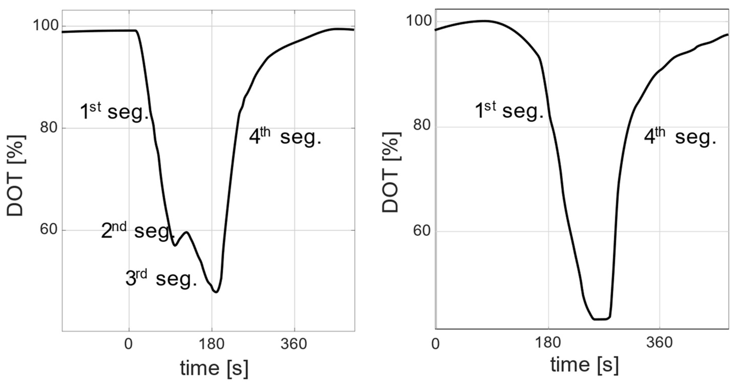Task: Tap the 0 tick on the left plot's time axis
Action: pyautogui.click(x=129, y=344)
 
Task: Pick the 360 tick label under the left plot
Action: pyautogui.click(x=294, y=344)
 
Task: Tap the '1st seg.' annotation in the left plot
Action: pyautogui.click(x=114, y=112)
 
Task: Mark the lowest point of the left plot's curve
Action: pyautogui.click(x=216, y=292)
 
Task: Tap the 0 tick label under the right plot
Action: pyautogui.click(x=435, y=344)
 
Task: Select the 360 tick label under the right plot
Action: pyautogui.click(x=659, y=342)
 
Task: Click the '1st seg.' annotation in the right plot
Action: pyautogui.click(x=509, y=111)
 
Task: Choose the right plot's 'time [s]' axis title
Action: pyautogui.click(x=584, y=365)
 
